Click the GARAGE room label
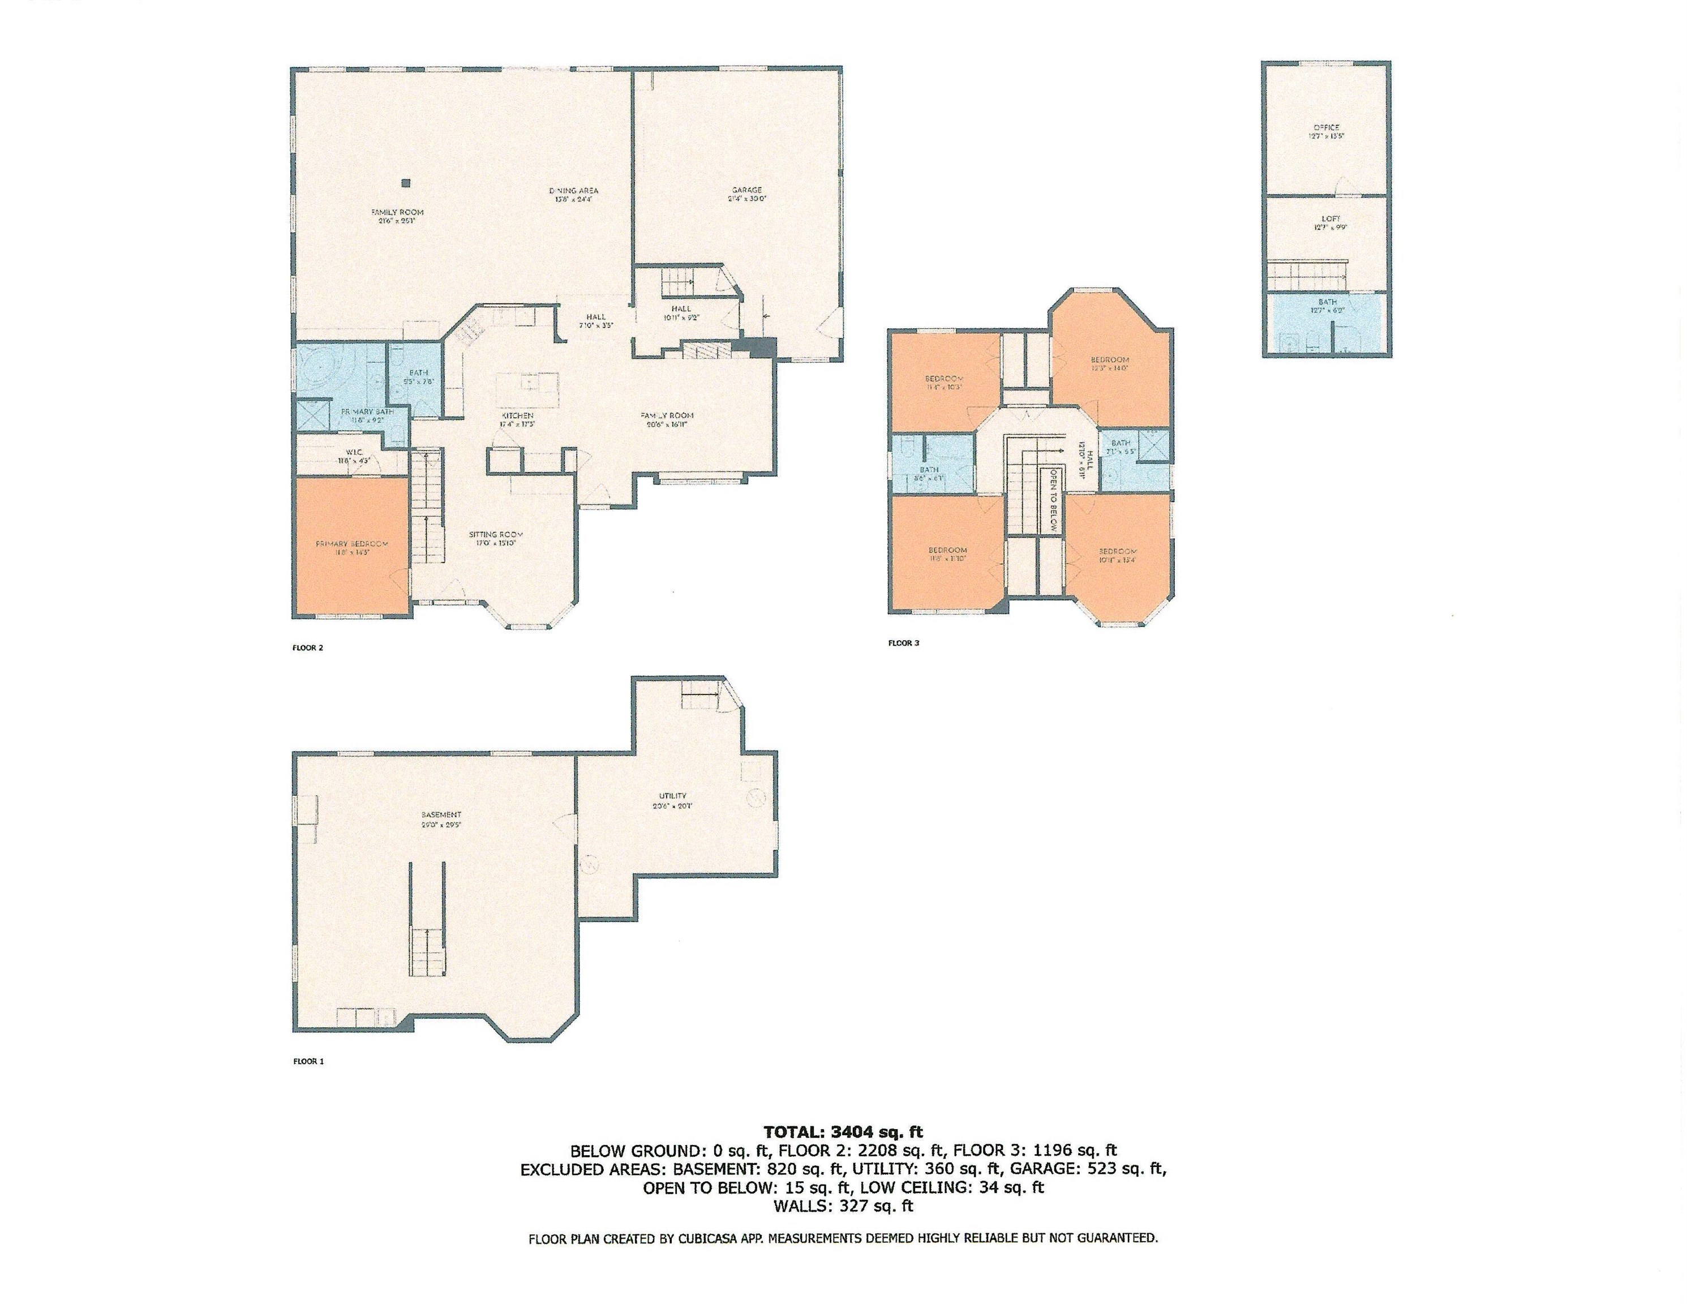[747, 190]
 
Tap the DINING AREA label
[573, 191]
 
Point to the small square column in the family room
[406, 183]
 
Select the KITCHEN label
[517, 415]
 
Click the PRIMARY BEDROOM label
[351, 544]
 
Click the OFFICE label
[1327, 127]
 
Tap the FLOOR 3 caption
[903, 643]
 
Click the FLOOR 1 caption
[308, 1061]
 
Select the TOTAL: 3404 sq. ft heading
[843, 1133]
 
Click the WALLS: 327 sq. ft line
[843, 1205]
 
